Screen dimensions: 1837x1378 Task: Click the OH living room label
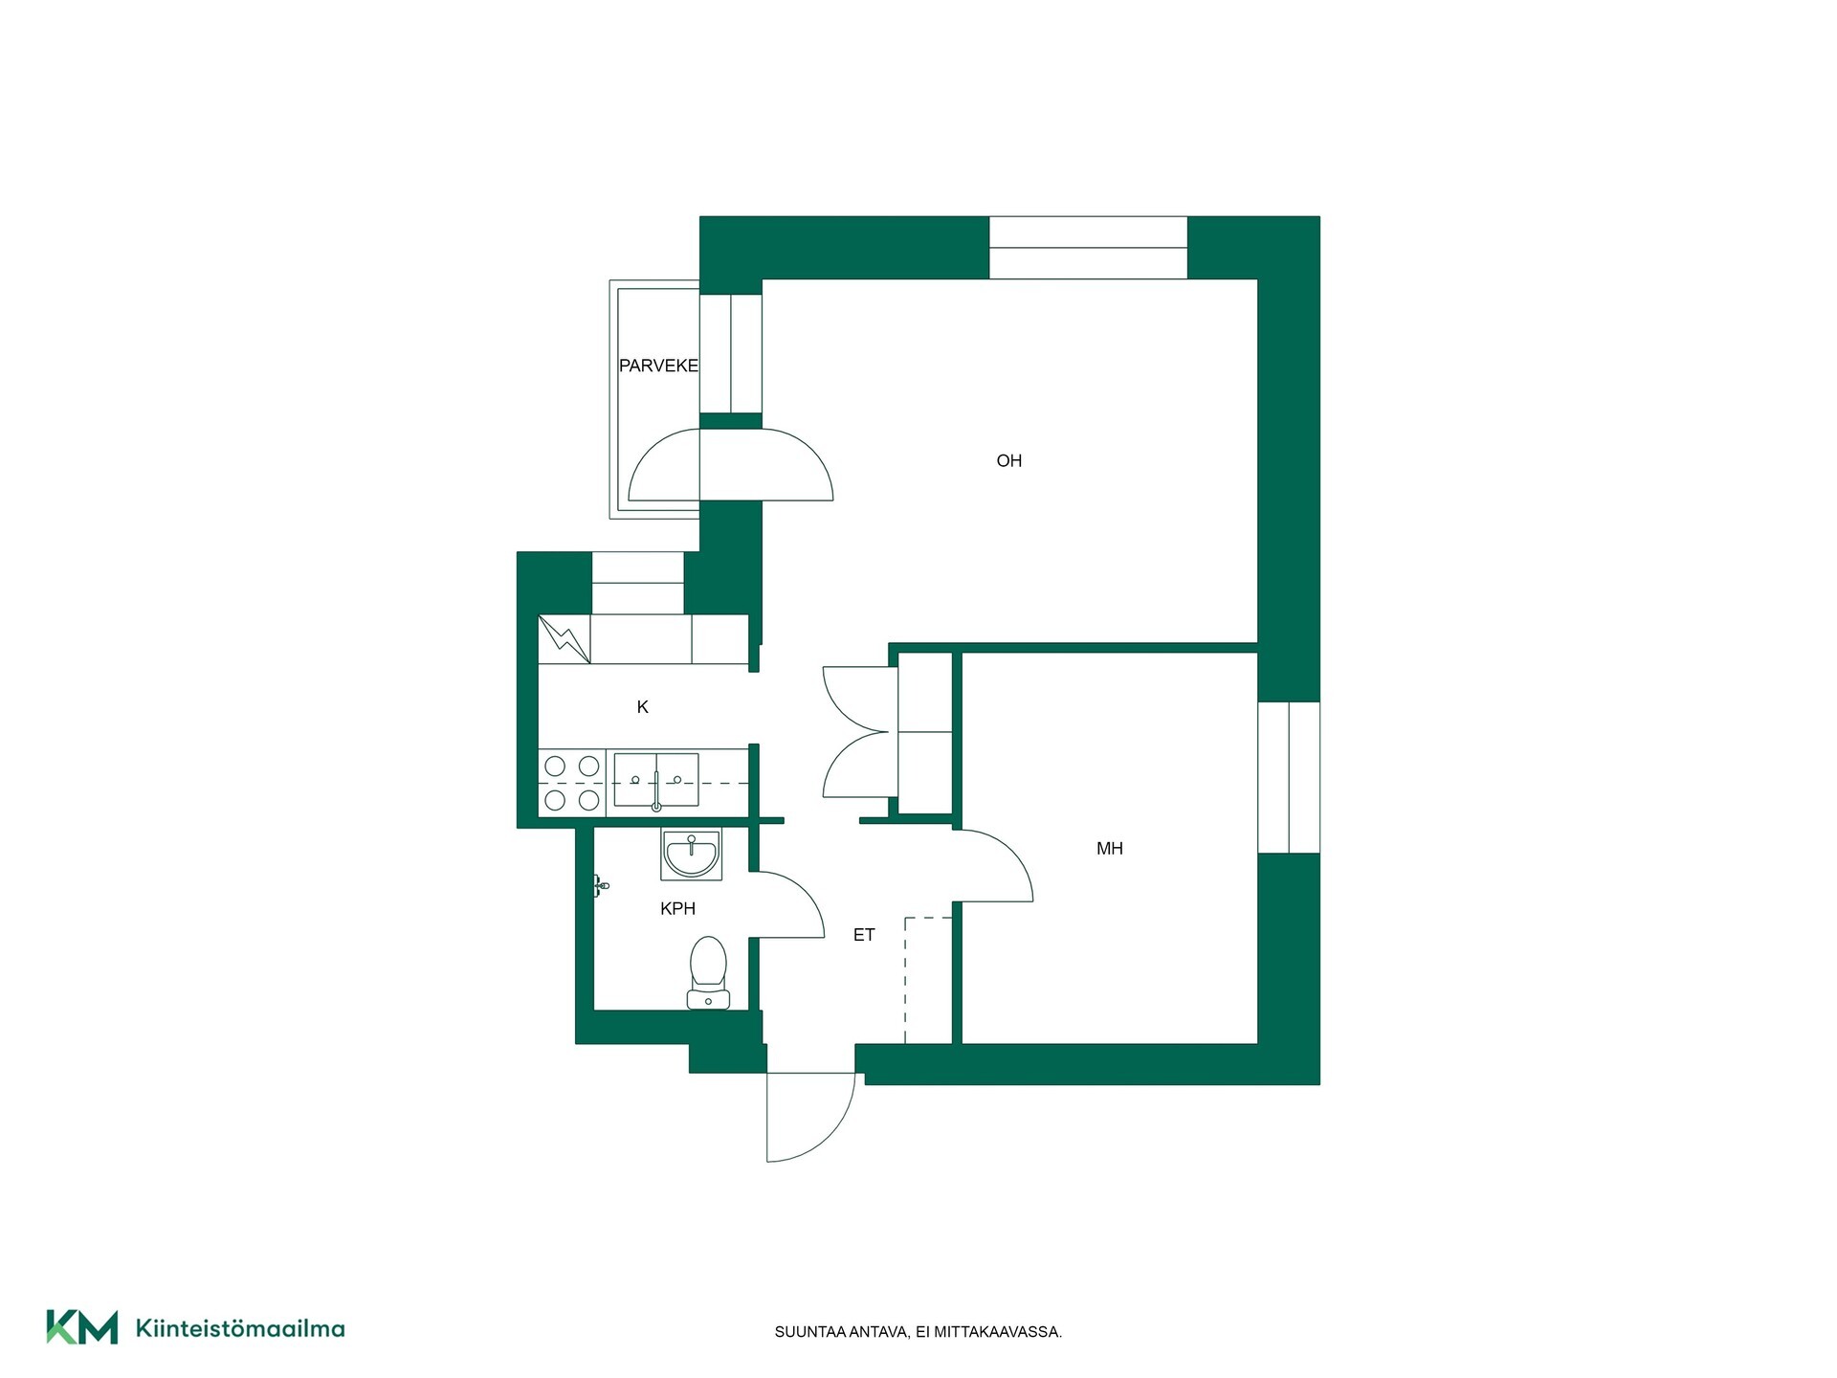(x=1008, y=461)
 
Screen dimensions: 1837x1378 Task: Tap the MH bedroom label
(x=1109, y=849)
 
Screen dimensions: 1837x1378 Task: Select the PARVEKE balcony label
(x=658, y=366)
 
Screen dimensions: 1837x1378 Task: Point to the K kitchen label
(x=642, y=707)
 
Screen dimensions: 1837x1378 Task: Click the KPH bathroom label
(x=677, y=909)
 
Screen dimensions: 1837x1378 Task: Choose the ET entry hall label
(x=864, y=935)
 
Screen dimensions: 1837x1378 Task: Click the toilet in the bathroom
(x=708, y=972)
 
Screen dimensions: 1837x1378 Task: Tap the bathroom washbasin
(x=691, y=855)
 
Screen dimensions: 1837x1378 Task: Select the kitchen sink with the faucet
(x=656, y=781)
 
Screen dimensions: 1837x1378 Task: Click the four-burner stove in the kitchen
(x=572, y=783)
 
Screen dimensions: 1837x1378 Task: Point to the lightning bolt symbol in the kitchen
(x=564, y=638)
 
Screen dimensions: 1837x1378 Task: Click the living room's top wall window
(x=1088, y=248)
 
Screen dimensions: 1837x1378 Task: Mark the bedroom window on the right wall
(x=1289, y=777)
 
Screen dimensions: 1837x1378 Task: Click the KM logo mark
(x=82, y=1327)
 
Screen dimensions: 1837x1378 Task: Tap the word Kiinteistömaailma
(x=240, y=1328)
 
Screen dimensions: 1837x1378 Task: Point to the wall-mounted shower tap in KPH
(x=600, y=886)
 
